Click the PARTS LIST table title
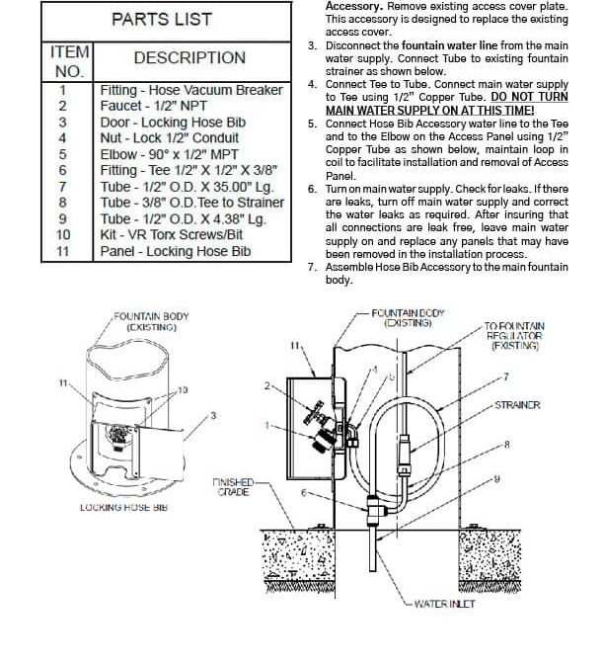pyautogui.click(x=162, y=19)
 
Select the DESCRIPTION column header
pyautogui.click(x=189, y=58)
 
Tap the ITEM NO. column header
pyautogui.click(x=69, y=61)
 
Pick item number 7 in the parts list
pyautogui.click(x=63, y=187)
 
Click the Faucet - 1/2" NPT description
pyautogui.click(x=153, y=106)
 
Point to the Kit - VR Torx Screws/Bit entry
pyautogui.click(x=171, y=235)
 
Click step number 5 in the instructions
pyautogui.click(x=313, y=124)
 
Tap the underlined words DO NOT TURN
pyautogui.click(x=529, y=97)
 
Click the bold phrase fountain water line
pyautogui.click(x=449, y=45)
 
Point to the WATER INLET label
pyautogui.click(x=444, y=604)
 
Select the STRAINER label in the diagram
pyautogui.click(x=517, y=405)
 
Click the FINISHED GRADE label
pyautogui.click(x=233, y=487)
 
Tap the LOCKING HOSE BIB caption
pyautogui.click(x=124, y=508)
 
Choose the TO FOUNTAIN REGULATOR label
pyautogui.click(x=514, y=336)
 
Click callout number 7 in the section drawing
pyautogui.click(x=506, y=376)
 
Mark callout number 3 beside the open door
pyautogui.click(x=213, y=415)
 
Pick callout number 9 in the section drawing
pyautogui.click(x=496, y=479)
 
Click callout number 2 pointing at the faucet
pyautogui.click(x=267, y=385)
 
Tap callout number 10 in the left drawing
pyautogui.click(x=183, y=390)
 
